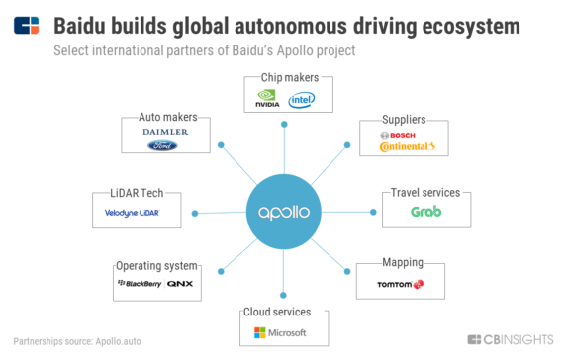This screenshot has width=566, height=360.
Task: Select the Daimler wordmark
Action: click(164, 131)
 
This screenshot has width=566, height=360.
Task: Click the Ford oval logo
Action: click(162, 145)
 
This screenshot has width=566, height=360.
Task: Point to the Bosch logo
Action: click(402, 135)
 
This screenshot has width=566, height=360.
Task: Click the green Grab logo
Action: click(425, 211)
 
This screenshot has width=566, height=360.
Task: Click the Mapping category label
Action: click(403, 263)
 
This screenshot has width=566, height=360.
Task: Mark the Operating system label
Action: click(157, 266)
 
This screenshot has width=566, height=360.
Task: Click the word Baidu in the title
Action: click(84, 23)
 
